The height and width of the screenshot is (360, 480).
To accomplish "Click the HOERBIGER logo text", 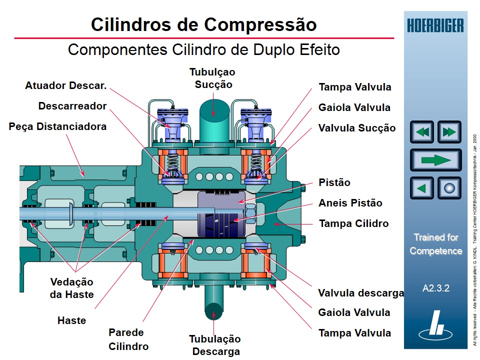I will click(x=435, y=25).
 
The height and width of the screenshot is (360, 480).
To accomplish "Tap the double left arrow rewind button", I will click(x=422, y=132).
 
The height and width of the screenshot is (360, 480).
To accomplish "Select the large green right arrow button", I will click(x=435, y=160).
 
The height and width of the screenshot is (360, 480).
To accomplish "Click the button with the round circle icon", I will click(x=449, y=188).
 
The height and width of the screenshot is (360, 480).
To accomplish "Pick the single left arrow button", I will click(x=422, y=188).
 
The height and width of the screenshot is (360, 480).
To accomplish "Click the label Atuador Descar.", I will click(x=66, y=85).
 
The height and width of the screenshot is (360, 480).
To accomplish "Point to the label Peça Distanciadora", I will click(x=57, y=126).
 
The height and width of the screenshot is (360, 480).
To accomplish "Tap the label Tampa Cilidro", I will click(x=353, y=223).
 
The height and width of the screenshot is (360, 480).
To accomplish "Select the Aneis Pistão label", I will click(x=350, y=203).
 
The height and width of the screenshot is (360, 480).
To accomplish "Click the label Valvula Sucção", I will click(x=356, y=128).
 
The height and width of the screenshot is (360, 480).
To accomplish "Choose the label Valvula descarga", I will click(x=360, y=293).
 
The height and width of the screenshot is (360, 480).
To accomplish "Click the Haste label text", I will click(x=71, y=320).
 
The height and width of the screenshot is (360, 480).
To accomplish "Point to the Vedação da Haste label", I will click(x=71, y=288).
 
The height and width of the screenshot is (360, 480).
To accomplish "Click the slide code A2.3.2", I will click(x=435, y=288).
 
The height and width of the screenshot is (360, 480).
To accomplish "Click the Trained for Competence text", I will click(x=435, y=244).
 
